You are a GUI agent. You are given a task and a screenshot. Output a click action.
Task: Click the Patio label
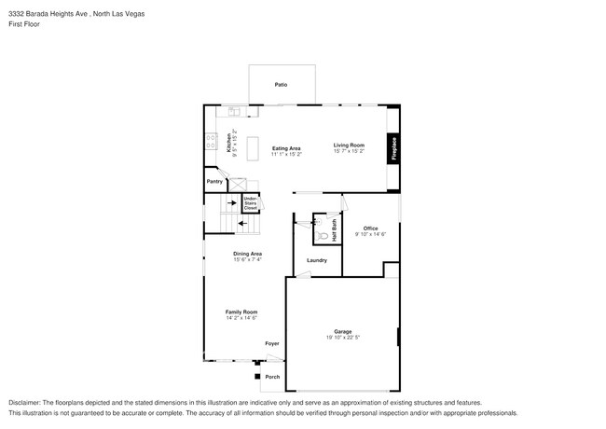click(281, 85)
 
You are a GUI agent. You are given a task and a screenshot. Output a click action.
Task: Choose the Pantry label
click(214, 183)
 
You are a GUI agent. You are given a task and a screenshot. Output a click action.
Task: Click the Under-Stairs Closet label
click(250, 202)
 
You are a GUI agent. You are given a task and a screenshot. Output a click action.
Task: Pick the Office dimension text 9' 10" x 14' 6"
click(370, 234)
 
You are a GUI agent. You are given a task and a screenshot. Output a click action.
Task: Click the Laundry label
click(316, 260)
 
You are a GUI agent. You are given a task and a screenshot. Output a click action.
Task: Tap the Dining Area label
click(247, 254)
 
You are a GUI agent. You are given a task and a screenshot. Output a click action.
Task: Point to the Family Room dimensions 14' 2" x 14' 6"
click(241, 318)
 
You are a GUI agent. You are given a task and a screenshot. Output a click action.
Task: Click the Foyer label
click(271, 343)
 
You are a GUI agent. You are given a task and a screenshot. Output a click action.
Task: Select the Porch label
click(272, 377)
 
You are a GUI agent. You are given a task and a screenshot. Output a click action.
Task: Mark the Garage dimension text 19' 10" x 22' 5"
click(342, 338)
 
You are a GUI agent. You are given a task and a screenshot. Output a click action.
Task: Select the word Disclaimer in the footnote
click(24, 401)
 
